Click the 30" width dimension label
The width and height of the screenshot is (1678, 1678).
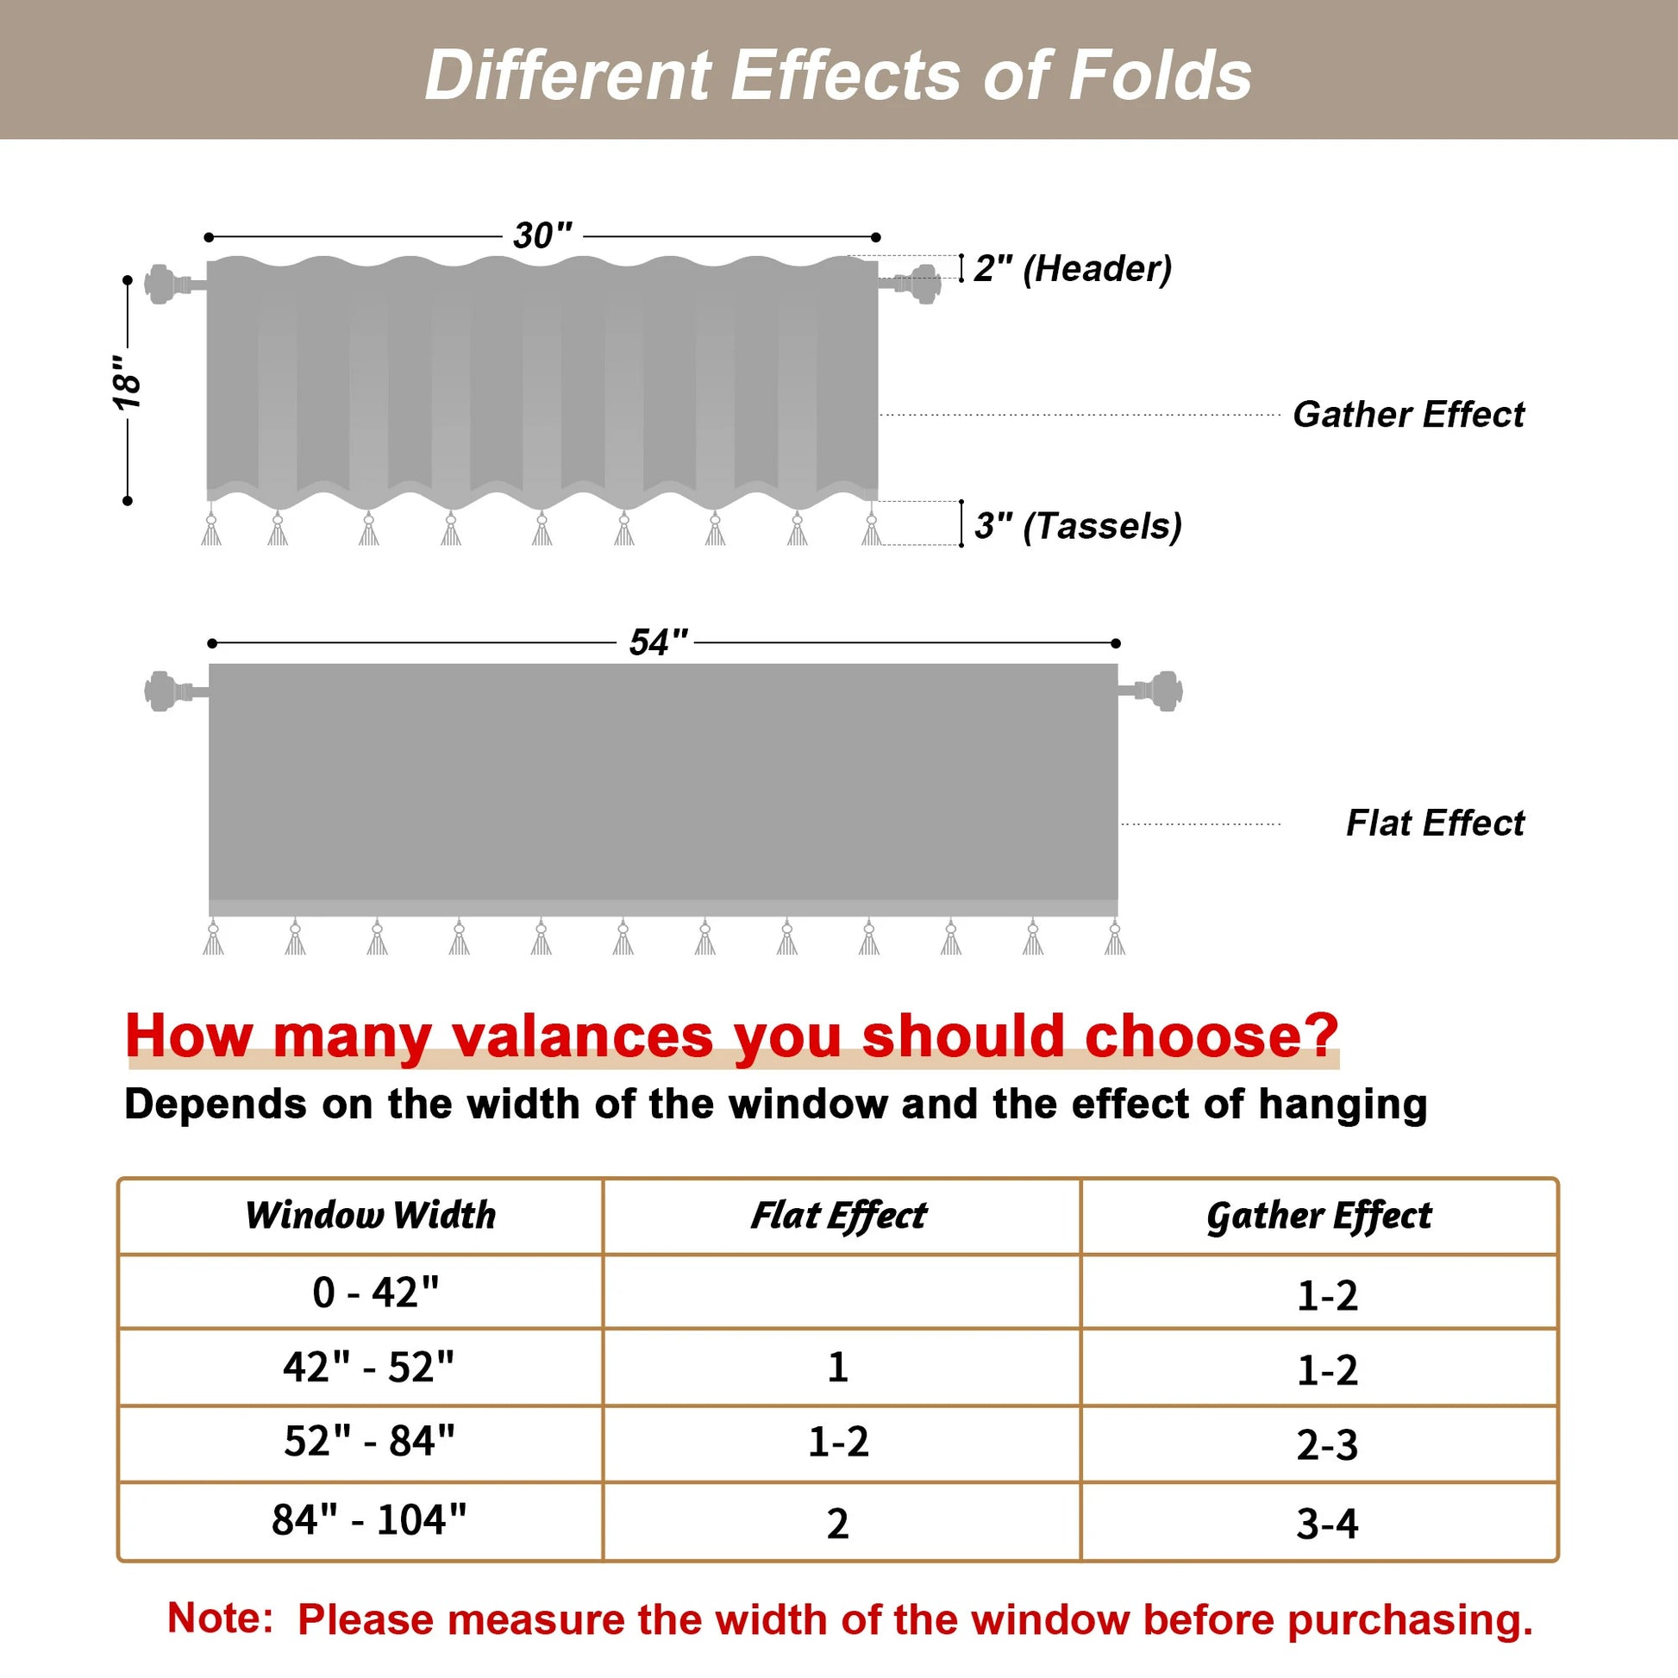coord(543,235)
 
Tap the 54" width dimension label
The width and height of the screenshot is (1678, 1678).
coord(658,642)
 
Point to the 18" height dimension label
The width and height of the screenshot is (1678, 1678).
coord(128,382)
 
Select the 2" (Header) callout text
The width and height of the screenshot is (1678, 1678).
coord(1073,268)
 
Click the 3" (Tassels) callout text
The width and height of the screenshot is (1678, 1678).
coord(1078,525)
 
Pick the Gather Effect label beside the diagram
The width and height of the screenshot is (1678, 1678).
coord(1408,414)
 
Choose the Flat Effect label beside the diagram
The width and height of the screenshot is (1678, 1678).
coord(1435,823)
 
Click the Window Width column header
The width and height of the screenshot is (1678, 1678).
coord(370,1215)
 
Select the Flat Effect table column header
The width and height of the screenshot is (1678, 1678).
coord(839,1215)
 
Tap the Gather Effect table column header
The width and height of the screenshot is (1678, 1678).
coord(1318,1216)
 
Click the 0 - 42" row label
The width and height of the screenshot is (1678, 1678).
coord(375,1293)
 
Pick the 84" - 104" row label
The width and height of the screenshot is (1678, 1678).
coord(369,1520)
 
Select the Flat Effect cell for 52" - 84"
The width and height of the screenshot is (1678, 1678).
coord(838,1442)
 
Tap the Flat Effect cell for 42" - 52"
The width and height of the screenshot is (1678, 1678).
coord(837,1367)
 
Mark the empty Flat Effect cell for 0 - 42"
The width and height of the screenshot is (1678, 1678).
coord(841,1292)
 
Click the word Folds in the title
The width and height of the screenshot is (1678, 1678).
coord(1160,76)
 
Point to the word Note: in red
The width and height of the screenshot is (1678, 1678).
coord(220,1617)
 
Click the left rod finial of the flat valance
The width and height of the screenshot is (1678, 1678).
coord(162,691)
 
